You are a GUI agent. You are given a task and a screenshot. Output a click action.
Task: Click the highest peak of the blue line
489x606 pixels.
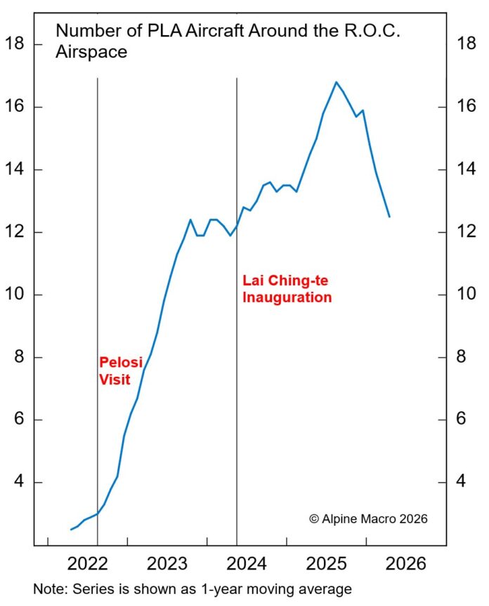tap(336, 82)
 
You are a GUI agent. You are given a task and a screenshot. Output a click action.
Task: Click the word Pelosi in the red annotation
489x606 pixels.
tap(120, 363)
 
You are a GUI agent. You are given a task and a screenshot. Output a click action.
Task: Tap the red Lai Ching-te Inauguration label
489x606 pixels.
tap(287, 289)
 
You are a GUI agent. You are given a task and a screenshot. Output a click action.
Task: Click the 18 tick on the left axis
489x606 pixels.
tap(15, 44)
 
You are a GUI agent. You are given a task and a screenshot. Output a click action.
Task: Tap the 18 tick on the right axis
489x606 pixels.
tap(467, 44)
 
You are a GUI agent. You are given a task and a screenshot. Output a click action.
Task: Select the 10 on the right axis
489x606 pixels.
tap(467, 295)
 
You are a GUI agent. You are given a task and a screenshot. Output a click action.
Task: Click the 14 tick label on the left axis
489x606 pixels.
tap(15, 169)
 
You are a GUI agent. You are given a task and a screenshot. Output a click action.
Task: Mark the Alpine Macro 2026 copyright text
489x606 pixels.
tap(367, 519)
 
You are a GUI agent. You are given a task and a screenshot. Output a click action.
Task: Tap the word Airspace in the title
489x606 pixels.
tap(91, 52)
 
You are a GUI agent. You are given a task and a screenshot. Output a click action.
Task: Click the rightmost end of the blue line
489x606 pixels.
tap(389, 217)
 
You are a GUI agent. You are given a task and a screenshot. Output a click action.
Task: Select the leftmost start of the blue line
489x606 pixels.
tap(71, 529)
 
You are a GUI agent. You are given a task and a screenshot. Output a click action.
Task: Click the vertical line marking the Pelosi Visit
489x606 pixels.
tap(97, 211)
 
